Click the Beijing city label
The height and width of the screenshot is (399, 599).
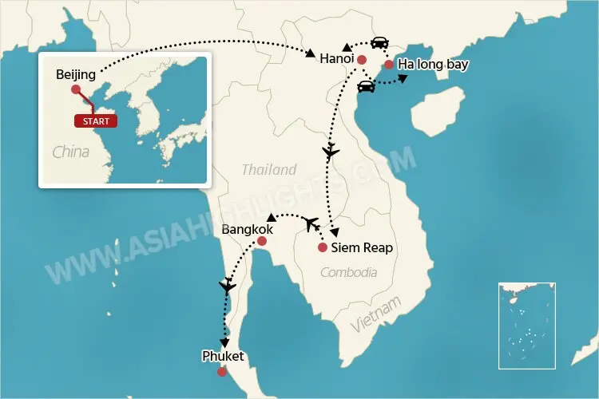pyautogui.click(x=76, y=75)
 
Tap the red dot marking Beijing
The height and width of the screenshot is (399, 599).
pyautogui.click(x=76, y=90)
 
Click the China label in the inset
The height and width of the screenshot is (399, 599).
pyautogui.click(x=71, y=152)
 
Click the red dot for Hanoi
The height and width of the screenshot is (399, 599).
pyautogui.click(x=361, y=60)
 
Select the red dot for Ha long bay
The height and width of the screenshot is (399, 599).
pyautogui.click(x=388, y=65)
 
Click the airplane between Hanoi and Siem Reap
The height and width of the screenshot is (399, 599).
pyautogui.click(x=331, y=151)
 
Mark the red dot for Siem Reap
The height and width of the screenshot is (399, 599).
pyautogui.click(x=322, y=247)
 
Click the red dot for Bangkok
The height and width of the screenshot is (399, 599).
pyautogui.click(x=261, y=242)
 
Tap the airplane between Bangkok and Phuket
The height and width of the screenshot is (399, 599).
pyautogui.click(x=228, y=285)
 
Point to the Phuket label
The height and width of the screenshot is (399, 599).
pyautogui.click(x=223, y=357)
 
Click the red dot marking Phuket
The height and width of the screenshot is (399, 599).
pyautogui.click(x=221, y=371)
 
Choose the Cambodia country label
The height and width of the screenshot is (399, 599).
pyautogui.click(x=348, y=273)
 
